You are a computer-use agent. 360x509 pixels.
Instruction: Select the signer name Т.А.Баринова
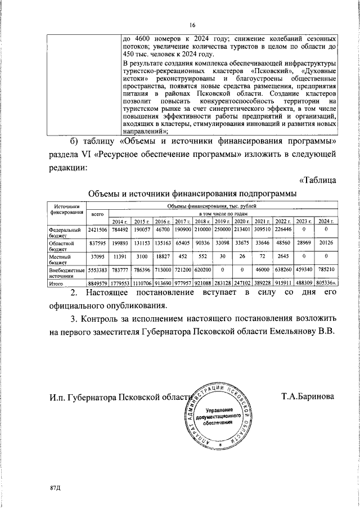coord(308,397)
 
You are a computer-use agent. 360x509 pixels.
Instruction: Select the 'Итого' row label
coord(57,284)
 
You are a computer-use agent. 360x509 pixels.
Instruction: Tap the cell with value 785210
coord(324,270)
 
